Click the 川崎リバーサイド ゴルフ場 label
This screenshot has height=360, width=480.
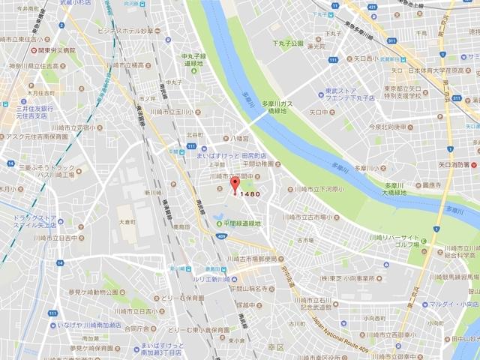click(397, 241)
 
